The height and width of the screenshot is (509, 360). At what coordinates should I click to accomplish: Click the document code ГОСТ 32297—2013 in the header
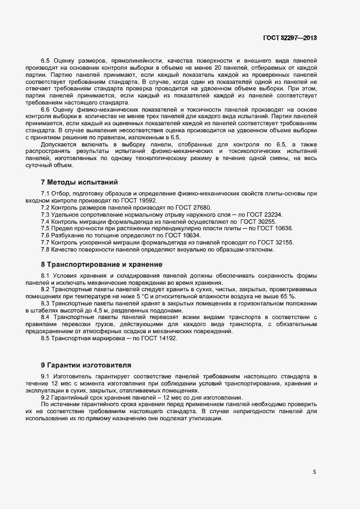[289, 38]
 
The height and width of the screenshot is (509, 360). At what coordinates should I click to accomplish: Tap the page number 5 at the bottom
[314, 472]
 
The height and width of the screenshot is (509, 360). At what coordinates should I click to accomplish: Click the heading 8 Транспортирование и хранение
[101, 265]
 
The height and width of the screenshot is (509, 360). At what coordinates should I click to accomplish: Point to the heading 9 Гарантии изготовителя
[86, 364]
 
